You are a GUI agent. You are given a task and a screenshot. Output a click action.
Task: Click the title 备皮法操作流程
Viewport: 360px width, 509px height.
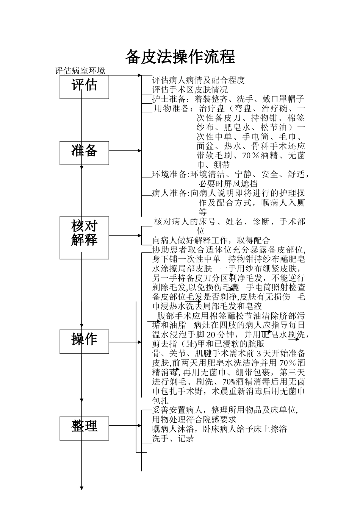180,57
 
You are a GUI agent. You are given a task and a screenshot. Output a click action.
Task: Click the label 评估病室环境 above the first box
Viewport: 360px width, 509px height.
80,71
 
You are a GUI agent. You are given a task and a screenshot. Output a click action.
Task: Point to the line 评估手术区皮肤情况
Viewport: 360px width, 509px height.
190,90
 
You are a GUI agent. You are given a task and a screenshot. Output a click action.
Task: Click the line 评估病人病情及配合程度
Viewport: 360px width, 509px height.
199,80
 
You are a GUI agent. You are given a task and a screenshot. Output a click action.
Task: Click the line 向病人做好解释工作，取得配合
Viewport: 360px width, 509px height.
211,240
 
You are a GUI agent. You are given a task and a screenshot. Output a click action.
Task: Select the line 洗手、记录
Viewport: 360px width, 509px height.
173,439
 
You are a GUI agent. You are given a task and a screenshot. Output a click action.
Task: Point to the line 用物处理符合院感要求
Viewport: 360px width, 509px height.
194,420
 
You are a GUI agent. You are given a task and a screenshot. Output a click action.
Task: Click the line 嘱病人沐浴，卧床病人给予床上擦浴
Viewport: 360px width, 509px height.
219,429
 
